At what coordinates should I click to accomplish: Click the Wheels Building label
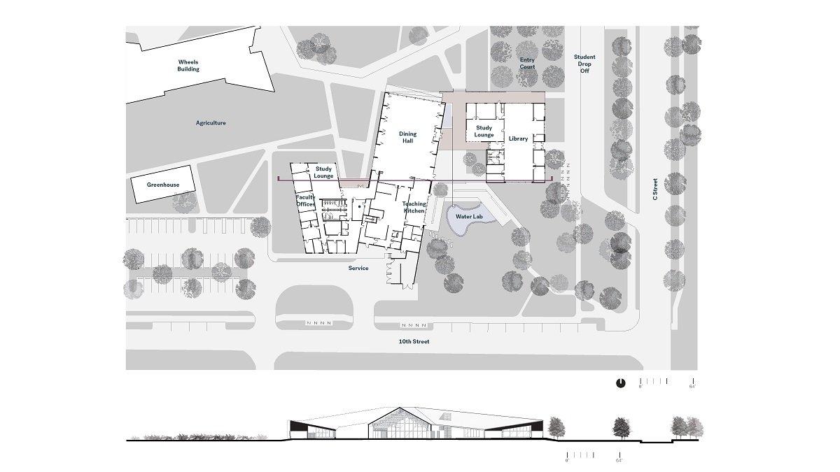pos(188,66)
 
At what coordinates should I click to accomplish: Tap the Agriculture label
pos(211,123)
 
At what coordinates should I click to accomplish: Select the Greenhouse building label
pos(163,185)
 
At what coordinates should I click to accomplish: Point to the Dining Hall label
pos(408,137)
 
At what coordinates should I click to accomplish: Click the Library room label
pos(518,138)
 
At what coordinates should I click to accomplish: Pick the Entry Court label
pos(527,64)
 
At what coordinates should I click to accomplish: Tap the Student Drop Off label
pos(584,64)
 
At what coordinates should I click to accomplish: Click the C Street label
pos(655,189)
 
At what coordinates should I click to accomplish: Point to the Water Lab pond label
pos(469,217)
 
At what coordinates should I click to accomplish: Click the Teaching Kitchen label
pos(414,207)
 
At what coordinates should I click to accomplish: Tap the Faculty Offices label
pos(305,201)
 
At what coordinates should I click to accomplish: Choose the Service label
pos(358,268)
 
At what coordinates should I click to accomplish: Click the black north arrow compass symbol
pos(620,383)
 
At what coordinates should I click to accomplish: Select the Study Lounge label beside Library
pos(484,131)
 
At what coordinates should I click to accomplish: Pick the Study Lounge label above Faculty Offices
pos(323,172)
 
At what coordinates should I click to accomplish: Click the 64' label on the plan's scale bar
pos(692,386)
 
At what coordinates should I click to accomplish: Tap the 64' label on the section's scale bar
pos(619,461)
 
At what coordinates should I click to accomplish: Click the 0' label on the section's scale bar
pos(568,461)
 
